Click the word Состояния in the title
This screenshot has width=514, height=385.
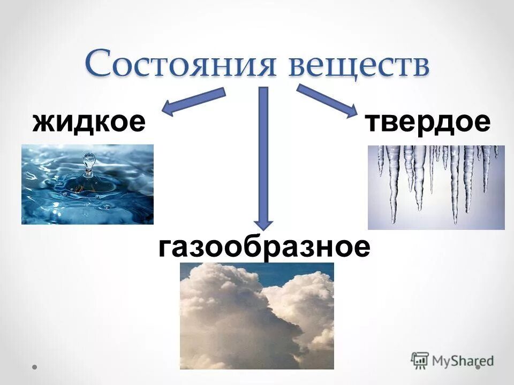point(182,64)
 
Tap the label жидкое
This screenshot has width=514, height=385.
point(89,122)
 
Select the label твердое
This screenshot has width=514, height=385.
point(428,122)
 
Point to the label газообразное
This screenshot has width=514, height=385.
point(264,248)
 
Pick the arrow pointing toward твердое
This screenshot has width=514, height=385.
point(327,100)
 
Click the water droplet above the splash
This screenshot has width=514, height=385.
point(88,160)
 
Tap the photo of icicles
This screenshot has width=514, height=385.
point(436,187)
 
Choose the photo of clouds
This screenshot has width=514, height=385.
point(256,315)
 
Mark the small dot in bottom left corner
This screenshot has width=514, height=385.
point(35,367)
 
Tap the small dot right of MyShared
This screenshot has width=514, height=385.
point(478,367)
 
